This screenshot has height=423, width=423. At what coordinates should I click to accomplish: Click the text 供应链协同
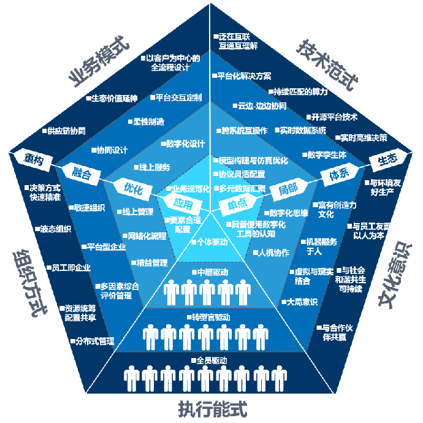(64, 131)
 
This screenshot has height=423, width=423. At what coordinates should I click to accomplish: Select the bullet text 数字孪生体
(326, 154)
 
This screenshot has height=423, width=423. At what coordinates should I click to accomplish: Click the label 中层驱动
(211, 272)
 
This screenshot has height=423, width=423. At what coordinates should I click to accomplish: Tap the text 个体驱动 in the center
(211, 242)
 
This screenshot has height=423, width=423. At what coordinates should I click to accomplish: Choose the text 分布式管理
(94, 340)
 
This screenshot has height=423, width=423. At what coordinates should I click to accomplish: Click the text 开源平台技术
(333, 116)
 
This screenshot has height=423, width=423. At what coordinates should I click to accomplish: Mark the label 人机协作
(272, 252)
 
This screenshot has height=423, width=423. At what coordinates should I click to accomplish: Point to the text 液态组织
(55, 228)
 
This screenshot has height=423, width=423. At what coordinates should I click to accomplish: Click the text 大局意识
(301, 301)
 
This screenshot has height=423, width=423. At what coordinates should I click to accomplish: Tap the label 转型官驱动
(211, 317)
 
